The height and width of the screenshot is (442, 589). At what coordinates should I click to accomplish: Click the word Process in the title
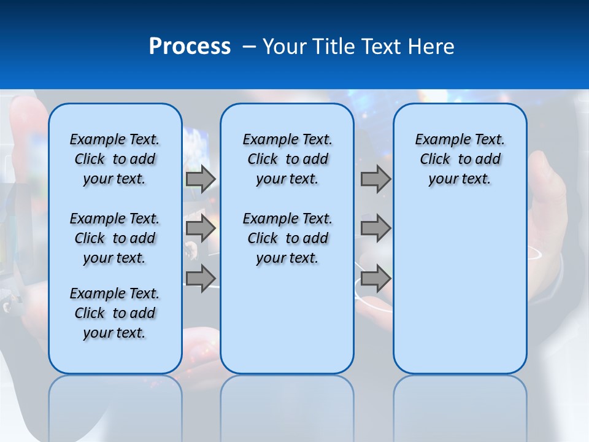pyautogui.click(x=190, y=47)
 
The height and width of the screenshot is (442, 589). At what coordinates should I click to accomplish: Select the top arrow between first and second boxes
pyautogui.click(x=201, y=179)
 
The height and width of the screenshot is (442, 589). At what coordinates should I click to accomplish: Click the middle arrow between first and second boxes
pyautogui.click(x=201, y=228)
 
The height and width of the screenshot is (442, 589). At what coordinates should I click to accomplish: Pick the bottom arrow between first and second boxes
pyautogui.click(x=201, y=278)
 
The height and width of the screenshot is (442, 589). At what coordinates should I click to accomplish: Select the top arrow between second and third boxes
pyautogui.click(x=375, y=179)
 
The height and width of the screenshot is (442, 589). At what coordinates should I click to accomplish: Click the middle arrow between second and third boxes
pyautogui.click(x=375, y=228)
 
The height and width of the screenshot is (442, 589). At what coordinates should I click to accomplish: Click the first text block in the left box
pyautogui.click(x=115, y=159)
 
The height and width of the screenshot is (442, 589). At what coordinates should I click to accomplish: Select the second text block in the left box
pyautogui.click(x=115, y=238)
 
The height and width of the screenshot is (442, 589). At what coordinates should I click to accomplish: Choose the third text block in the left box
pyautogui.click(x=115, y=313)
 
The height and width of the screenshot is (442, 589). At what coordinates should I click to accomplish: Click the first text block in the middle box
pyautogui.click(x=287, y=159)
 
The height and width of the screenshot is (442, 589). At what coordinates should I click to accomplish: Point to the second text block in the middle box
pyautogui.click(x=287, y=238)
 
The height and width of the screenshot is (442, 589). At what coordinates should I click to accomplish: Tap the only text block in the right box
pyautogui.click(x=460, y=159)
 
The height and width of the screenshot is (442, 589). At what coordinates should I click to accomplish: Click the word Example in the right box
pyautogui.click(x=438, y=140)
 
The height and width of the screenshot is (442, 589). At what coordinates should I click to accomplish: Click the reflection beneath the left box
pyautogui.click(x=115, y=405)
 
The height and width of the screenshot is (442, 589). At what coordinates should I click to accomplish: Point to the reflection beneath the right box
pyautogui.click(x=460, y=405)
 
